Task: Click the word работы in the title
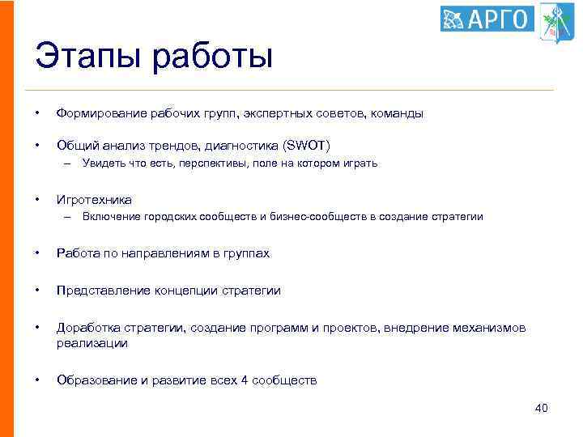tap(214, 59)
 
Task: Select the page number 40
tap(541, 408)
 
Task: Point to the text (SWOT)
tap(306, 145)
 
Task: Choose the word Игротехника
tap(94, 199)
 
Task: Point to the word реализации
tap(91, 343)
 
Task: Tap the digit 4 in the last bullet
tap(245, 380)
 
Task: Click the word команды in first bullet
tap(397, 114)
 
